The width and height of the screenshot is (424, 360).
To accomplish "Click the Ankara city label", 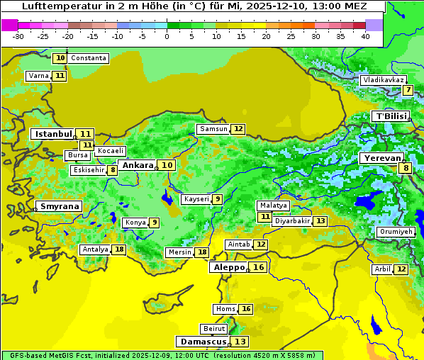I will point(137,165).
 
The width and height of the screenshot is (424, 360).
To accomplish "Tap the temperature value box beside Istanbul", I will point(86,133).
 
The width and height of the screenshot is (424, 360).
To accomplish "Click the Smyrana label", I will point(59,206).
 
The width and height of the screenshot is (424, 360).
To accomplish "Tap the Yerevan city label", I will point(381,158).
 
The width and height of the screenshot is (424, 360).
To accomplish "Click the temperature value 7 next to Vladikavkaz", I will point(408,90).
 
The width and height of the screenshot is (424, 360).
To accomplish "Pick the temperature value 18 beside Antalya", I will point(119,249).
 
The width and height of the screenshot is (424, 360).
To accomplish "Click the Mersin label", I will point(179,252).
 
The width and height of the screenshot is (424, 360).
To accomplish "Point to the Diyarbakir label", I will point(292,221).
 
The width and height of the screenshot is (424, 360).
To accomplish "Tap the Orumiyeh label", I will point(395,232).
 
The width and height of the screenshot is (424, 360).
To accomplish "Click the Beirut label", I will point(214,329).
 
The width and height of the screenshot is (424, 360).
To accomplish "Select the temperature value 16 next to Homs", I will point(245,309).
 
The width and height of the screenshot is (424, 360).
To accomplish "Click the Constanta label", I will point(89,58).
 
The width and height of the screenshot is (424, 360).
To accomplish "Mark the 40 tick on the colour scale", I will point(365,36).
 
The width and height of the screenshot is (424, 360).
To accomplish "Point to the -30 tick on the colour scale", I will point(18,36).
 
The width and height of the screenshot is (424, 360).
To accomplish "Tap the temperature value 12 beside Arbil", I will point(401,269).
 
